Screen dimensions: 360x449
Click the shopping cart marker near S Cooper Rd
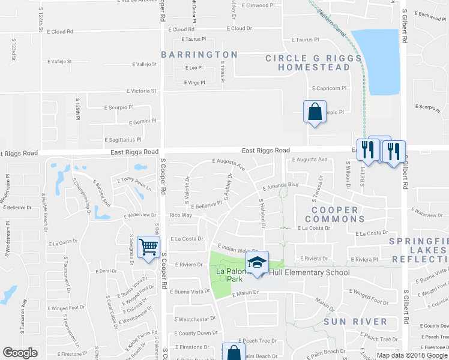point(148,246)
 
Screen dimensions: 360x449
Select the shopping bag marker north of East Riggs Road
point(315,112)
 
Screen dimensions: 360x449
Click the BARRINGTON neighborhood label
point(199,55)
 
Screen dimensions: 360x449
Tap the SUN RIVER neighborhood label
point(355,322)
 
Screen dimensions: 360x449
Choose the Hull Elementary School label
point(309,272)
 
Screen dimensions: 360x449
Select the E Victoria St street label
point(141,91)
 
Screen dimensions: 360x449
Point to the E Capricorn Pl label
point(329,88)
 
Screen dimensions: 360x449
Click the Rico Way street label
point(181,215)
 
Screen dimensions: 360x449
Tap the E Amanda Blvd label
point(280,187)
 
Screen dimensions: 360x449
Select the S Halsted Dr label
point(262,214)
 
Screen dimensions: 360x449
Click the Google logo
point(20,353)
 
